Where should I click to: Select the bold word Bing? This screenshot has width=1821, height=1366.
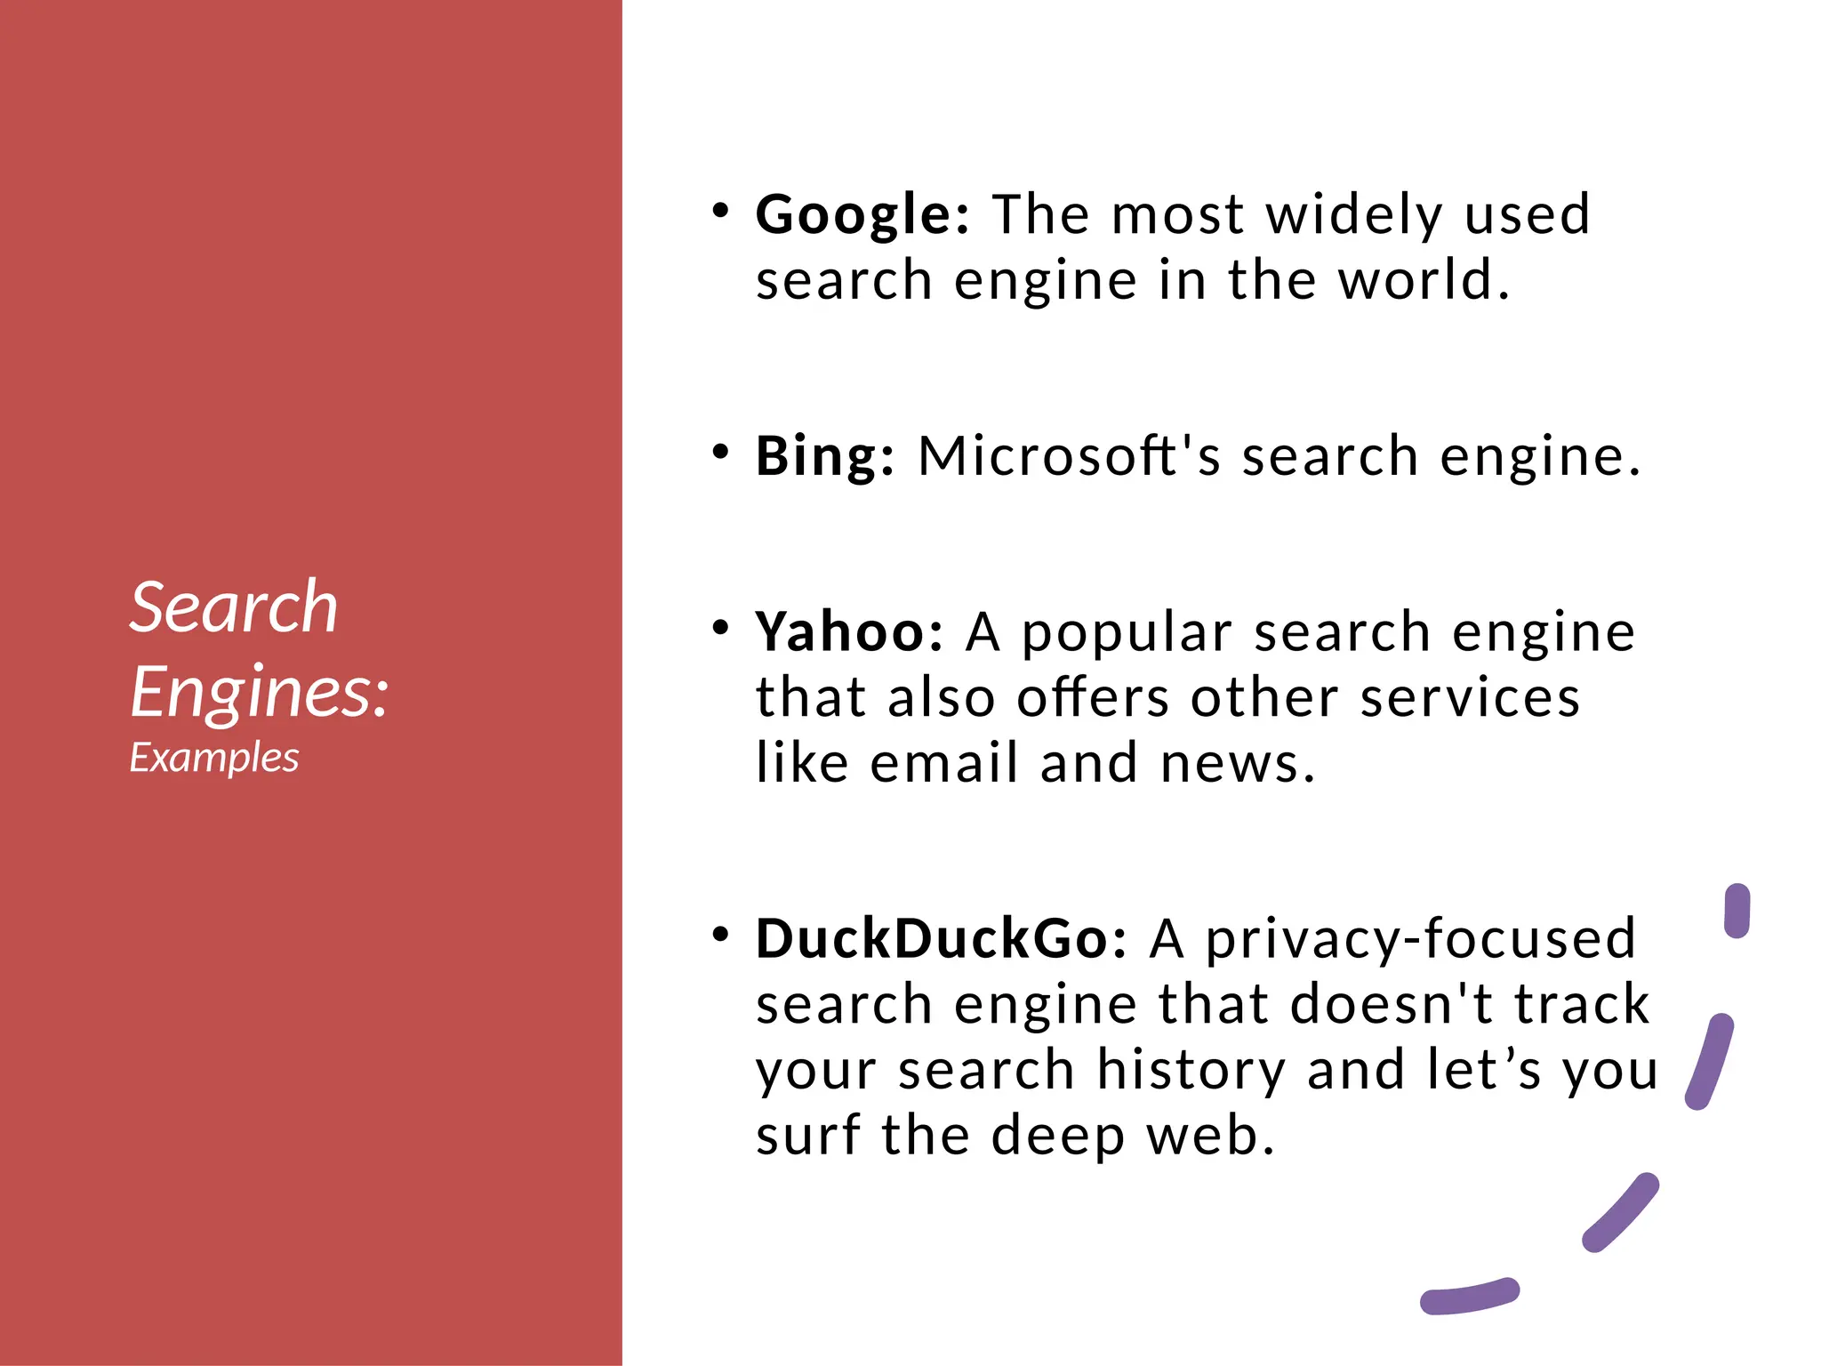point(823,458)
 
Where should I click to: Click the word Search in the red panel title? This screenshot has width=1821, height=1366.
point(234,607)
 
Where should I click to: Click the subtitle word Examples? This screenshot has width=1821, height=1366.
point(214,758)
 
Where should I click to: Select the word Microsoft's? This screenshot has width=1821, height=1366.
point(1070,456)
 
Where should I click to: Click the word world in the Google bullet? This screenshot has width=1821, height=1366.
point(1424,281)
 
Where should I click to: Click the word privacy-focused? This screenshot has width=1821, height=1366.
point(1420,939)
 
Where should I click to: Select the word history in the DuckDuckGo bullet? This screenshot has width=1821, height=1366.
point(1191,1070)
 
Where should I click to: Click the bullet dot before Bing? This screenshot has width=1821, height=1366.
point(720,451)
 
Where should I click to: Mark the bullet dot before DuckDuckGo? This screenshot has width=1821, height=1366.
point(720,934)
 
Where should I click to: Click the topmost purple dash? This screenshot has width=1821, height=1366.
point(1737,910)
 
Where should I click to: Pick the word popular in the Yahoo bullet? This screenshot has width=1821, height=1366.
point(1127,634)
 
